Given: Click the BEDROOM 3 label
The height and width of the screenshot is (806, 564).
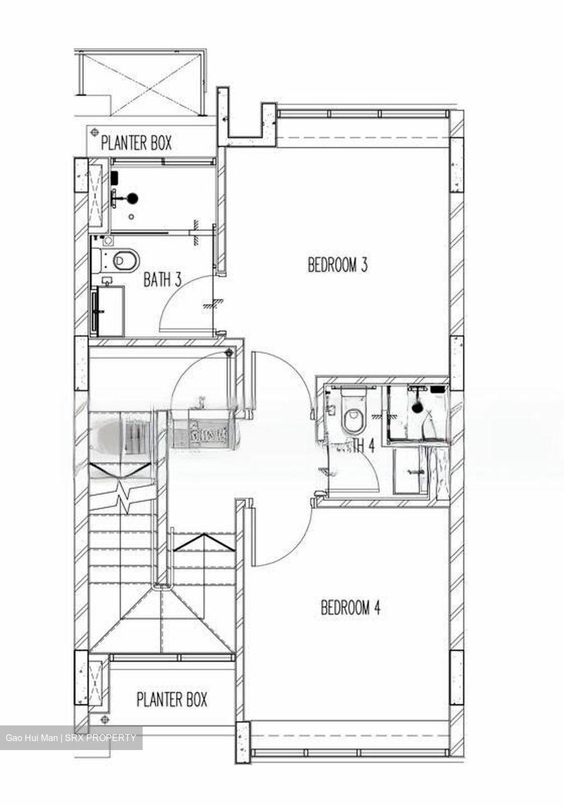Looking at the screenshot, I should click(x=337, y=265).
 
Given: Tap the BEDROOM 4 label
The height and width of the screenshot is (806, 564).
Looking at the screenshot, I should click(x=350, y=607).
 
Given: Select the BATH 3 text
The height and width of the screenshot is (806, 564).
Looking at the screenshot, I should click(x=162, y=279).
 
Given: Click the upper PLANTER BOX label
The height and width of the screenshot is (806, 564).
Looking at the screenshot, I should click(x=136, y=143).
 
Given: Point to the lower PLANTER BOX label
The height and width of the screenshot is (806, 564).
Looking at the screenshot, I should click(x=172, y=699).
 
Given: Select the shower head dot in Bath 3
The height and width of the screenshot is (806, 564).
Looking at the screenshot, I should click(x=133, y=197).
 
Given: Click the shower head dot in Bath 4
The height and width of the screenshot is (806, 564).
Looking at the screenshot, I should click(x=417, y=408).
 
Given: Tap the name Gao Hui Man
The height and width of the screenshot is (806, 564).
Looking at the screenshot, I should click(x=31, y=738).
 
